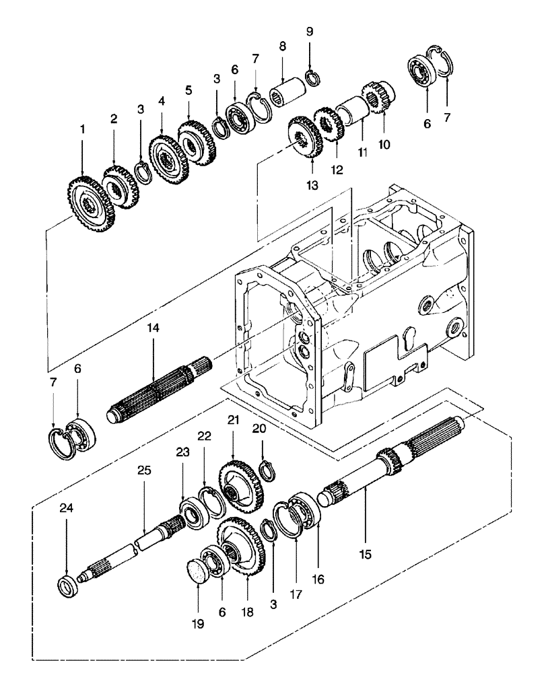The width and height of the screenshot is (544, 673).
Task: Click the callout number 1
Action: pyautogui.click(x=83, y=128)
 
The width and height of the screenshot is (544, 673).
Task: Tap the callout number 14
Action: pyautogui.click(x=154, y=328)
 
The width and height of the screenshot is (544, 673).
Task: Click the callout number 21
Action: pyautogui.click(x=232, y=421)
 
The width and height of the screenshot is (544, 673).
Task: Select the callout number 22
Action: pyautogui.click(x=204, y=436)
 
